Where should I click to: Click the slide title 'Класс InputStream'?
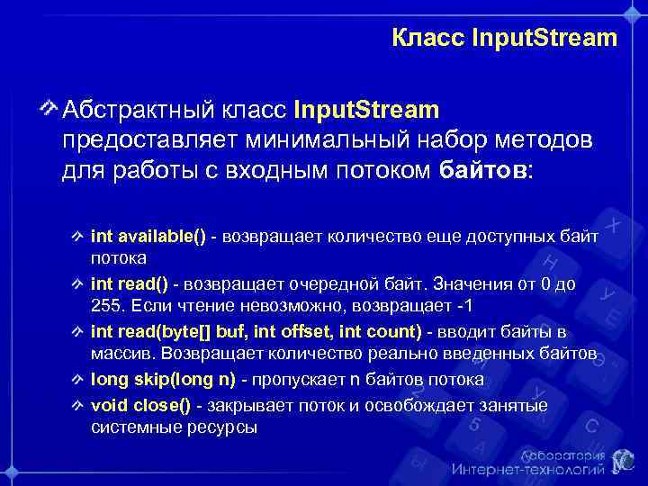point(505,38)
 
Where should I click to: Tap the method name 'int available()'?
point(148,237)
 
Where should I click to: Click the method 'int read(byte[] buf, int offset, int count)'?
point(257,333)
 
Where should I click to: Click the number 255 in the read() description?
point(105,307)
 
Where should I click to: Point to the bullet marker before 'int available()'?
point(78,237)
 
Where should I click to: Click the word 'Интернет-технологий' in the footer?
point(527,471)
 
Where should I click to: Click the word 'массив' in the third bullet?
point(117,355)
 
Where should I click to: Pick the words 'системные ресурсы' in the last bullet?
point(174,428)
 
